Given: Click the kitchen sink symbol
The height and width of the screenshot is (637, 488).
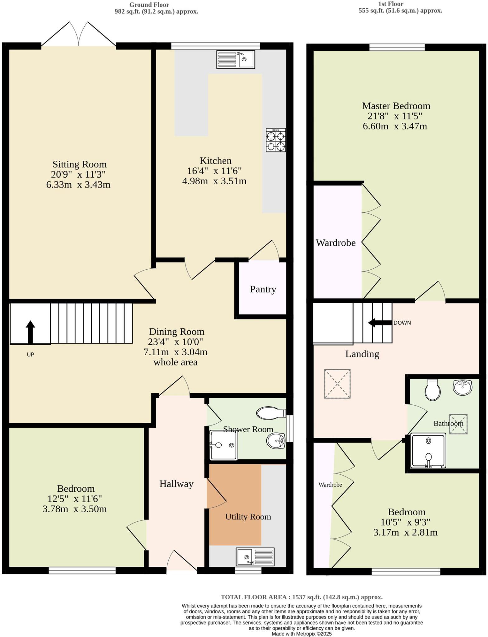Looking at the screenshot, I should (236, 60).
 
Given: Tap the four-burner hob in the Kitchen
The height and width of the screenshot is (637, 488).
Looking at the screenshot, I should (276, 140).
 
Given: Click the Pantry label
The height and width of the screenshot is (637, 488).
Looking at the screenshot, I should (263, 289).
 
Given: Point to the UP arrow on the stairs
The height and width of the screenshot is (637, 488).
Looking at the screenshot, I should (30, 332).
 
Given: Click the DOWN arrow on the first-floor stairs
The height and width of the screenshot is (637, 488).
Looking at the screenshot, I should (380, 323).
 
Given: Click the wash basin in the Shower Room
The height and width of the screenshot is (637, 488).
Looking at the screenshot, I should (276, 441).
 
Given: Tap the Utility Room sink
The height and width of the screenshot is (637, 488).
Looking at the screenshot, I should (255, 557).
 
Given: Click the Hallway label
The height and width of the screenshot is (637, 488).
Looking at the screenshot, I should (176, 484).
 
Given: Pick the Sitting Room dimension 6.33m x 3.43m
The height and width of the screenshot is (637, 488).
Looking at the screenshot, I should (78, 185).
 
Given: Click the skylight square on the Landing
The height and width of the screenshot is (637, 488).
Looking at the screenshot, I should (337, 384).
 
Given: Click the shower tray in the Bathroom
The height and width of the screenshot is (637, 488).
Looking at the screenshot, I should (428, 451).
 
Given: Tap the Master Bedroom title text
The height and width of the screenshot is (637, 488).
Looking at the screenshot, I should (396, 106).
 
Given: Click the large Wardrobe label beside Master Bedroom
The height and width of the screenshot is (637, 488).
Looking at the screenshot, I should (335, 243).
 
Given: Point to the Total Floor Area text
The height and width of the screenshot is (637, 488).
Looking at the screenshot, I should (301, 597).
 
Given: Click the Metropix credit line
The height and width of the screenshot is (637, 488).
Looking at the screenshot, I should (301, 634).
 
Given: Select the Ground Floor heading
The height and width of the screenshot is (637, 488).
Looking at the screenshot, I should (149, 5).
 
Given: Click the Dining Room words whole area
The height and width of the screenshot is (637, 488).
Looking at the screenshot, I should (176, 362).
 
